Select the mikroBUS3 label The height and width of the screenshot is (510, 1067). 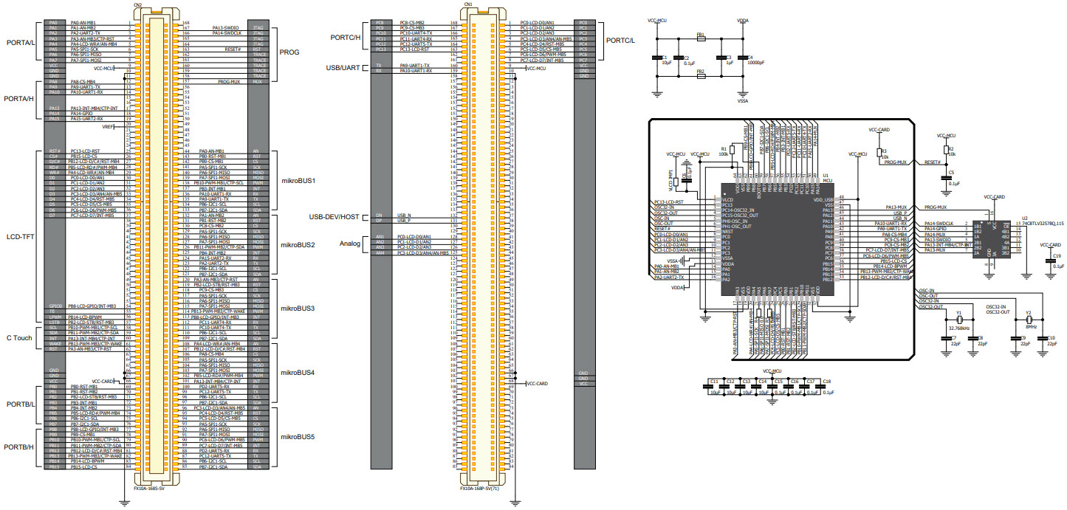point(298,308)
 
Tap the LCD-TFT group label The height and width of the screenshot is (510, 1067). point(20,237)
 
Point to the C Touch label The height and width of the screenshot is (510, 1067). point(20,337)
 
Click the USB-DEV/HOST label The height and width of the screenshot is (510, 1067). point(334,217)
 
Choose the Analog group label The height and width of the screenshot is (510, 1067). point(350,244)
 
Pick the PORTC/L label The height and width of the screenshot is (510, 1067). point(620,40)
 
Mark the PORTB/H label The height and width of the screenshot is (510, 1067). point(20,447)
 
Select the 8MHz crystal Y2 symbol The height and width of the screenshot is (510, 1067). point(1028,320)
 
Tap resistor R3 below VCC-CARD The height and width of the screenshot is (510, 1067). point(878,154)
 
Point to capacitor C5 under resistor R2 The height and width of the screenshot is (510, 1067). point(947,176)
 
